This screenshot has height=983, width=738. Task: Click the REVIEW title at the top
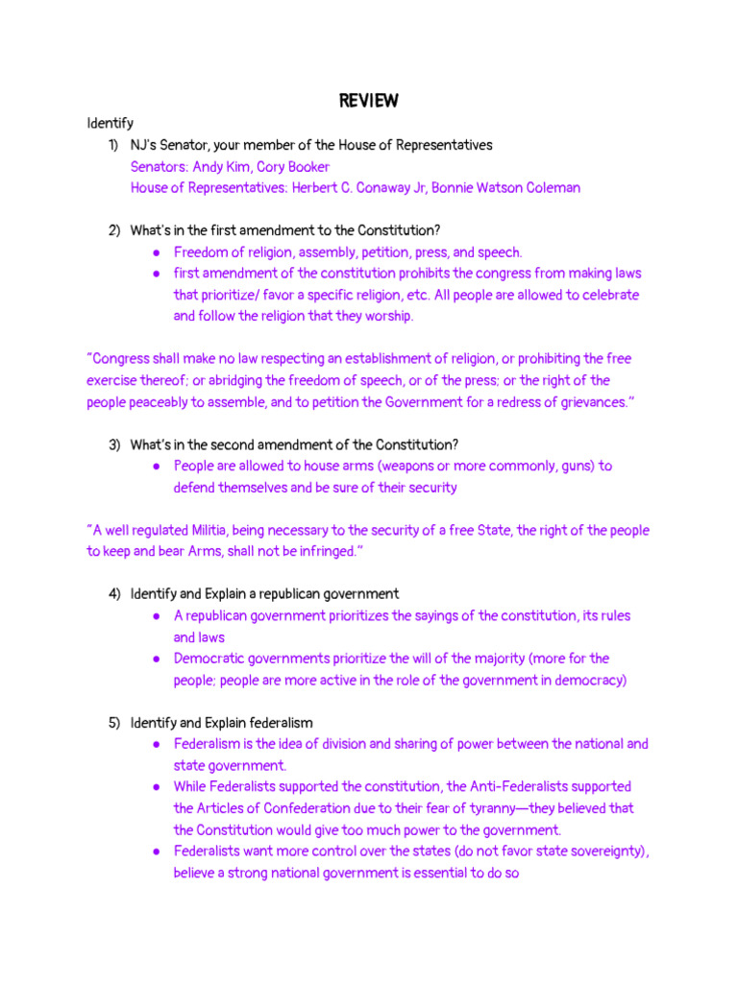[369, 101]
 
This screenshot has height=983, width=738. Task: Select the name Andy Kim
[221, 166]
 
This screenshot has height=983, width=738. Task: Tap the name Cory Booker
[293, 166]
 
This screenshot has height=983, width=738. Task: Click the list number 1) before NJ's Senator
[113, 145]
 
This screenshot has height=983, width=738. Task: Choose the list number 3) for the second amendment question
[113, 444]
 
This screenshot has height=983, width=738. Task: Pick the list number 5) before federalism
[113, 723]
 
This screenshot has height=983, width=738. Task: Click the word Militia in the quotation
[211, 530]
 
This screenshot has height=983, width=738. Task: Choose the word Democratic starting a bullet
[207, 659]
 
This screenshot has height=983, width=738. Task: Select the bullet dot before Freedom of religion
[156, 252]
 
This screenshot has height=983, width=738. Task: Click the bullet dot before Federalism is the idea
[156, 744]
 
